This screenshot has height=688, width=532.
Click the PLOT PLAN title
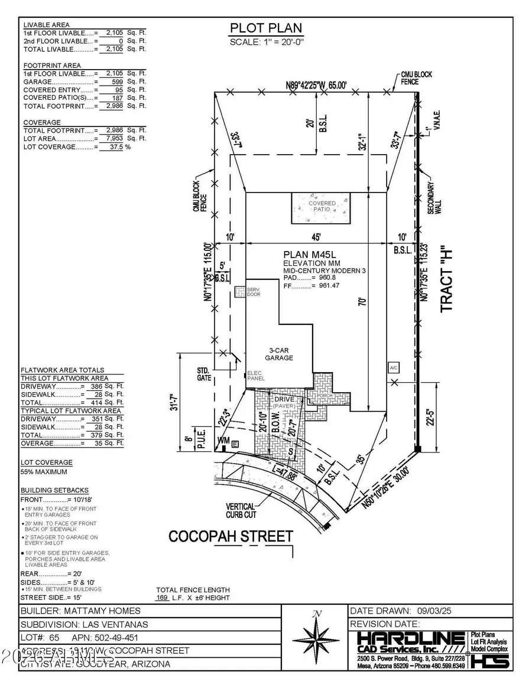tap(265, 28)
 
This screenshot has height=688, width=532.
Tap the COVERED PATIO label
tap(323, 207)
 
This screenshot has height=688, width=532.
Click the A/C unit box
tap(393, 367)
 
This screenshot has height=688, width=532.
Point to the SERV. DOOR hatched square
tap(239, 292)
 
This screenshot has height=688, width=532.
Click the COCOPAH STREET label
tap(231, 536)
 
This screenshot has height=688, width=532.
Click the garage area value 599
tap(113, 81)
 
